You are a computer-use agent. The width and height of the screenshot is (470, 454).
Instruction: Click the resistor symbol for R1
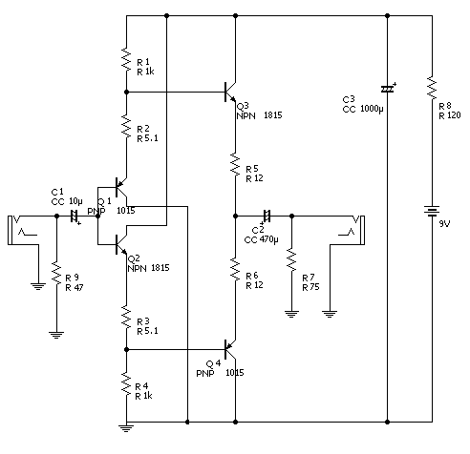(x=126, y=60)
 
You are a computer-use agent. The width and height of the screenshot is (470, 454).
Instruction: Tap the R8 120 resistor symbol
(x=432, y=88)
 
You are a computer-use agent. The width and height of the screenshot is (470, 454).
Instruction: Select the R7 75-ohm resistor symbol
(x=291, y=260)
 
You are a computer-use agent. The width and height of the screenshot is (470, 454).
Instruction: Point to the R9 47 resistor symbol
(x=56, y=274)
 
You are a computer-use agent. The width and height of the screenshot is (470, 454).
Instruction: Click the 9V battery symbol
(x=432, y=211)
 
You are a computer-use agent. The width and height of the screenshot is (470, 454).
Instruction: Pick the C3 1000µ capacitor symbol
(x=388, y=89)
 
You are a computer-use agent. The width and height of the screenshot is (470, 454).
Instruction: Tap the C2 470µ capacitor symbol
(x=267, y=217)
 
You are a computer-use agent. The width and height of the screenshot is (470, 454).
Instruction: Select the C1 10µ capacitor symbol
(x=75, y=217)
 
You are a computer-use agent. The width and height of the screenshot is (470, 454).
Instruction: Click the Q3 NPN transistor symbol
(x=230, y=92)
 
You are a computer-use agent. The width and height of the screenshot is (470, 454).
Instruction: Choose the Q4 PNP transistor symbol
(x=230, y=349)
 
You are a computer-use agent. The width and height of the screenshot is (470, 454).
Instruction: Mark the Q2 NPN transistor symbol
(x=121, y=244)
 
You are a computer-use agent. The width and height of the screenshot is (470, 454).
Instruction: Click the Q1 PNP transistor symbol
(x=121, y=188)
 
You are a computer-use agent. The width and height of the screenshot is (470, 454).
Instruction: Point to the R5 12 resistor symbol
(x=235, y=164)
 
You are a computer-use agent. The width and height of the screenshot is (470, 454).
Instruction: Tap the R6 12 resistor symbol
(x=235, y=269)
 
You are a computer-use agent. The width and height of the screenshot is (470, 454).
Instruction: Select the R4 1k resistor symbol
(x=126, y=384)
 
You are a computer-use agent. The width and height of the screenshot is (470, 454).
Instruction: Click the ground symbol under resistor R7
(x=291, y=314)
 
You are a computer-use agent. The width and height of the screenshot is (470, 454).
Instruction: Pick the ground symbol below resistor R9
(x=56, y=336)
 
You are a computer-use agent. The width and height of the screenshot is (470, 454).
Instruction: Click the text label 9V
(x=444, y=224)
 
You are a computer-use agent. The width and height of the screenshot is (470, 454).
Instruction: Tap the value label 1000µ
(x=372, y=109)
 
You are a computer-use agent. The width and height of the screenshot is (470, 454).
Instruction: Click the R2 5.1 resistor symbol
(x=126, y=127)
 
